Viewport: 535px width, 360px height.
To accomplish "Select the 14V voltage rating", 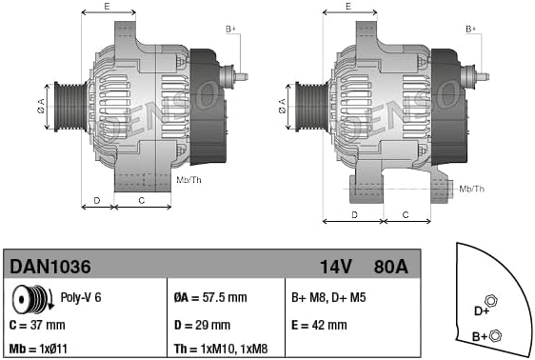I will (x=333, y=267).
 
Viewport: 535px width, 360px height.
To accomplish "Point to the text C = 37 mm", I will (x=41, y=324).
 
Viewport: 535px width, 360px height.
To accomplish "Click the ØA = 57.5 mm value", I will (x=212, y=297).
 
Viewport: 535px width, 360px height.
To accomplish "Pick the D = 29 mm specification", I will (x=204, y=324).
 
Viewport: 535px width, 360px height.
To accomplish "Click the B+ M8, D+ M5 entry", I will (x=328, y=297).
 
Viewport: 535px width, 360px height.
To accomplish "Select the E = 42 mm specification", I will (x=319, y=324).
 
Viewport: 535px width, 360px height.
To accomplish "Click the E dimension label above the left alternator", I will (x=107, y=7).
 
